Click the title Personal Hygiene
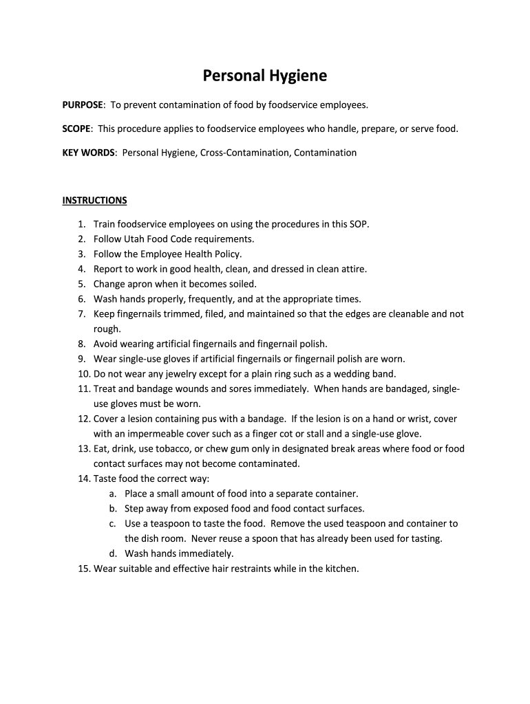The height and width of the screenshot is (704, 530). coord(264,76)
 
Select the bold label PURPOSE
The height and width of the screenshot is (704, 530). coord(83,105)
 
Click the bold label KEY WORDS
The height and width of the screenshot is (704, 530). coord(88,153)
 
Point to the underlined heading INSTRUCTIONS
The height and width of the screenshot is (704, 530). coord(94,201)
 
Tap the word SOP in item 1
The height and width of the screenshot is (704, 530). coord(360,224)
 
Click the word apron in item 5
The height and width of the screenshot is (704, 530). coord(142,284)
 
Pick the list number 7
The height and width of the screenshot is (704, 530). coord(80,314)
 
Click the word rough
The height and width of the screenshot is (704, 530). coord(106,329)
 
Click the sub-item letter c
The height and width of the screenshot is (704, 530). coord(112,524)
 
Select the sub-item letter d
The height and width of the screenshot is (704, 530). coord(112,553)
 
